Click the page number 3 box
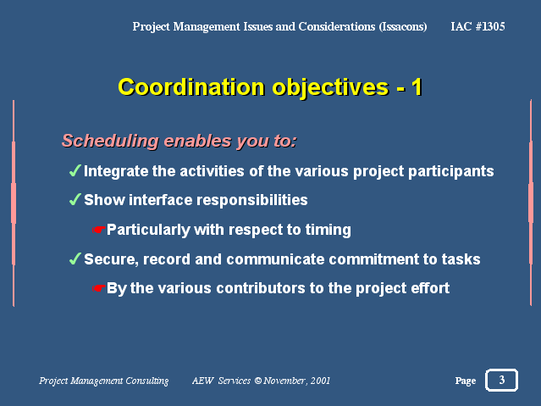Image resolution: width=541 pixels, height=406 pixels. click(501, 380)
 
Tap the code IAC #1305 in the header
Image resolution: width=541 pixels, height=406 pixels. click(478, 26)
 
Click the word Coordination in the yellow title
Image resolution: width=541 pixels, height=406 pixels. click(191, 86)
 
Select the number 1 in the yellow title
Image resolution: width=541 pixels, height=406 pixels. click(417, 86)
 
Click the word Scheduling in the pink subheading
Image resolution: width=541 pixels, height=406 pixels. click(110, 141)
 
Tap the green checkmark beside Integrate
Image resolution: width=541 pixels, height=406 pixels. click(75, 170)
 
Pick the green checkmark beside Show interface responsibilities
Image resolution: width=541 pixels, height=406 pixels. click(75, 199)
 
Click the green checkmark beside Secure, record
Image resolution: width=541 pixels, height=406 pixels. click(75, 259)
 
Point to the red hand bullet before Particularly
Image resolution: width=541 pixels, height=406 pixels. click(99, 230)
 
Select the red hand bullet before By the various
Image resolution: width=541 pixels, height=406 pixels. click(99, 288)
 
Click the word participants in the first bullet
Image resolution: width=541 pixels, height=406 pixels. click(451, 172)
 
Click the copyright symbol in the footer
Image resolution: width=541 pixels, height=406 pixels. click(258, 381)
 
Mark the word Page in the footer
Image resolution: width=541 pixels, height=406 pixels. click(466, 381)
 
